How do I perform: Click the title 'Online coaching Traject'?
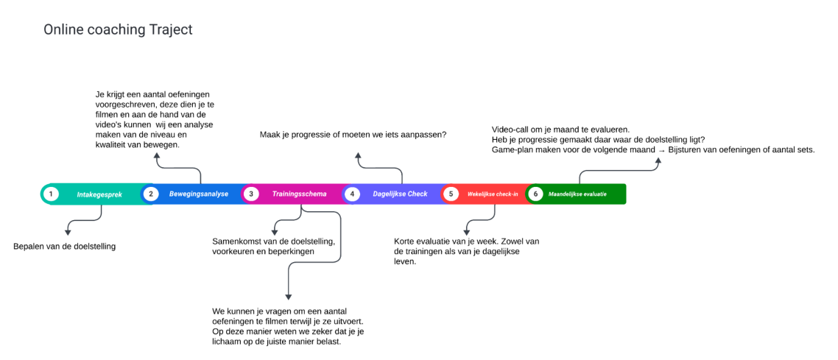pyautogui.click(x=118, y=30)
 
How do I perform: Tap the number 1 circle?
pyautogui.click(x=50, y=194)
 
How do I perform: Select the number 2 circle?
pyautogui.click(x=151, y=194)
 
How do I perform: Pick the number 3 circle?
pyautogui.click(x=251, y=194)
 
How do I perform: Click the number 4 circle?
pyautogui.click(x=352, y=194)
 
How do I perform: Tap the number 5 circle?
pyautogui.click(x=451, y=194)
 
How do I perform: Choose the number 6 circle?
pyautogui.click(x=535, y=194)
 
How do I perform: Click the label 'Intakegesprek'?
pyautogui.click(x=99, y=194)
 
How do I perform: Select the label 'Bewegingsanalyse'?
pyautogui.click(x=199, y=194)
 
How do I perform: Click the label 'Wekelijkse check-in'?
pyautogui.click(x=493, y=194)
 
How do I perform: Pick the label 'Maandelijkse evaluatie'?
pyautogui.click(x=577, y=194)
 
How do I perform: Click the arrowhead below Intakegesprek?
pyautogui.click(x=68, y=232)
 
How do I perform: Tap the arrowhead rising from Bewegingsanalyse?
pyautogui.click(x=156, y=156)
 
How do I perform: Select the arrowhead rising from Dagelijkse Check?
pyautogui.click(x=358, y=156)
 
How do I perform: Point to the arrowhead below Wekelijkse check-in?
pyautogui.click(x=466, y=232)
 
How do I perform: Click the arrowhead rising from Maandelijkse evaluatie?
pyautogui.click(x=658, y=160)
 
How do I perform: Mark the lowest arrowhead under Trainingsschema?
pyautogui.click(x=289, y=297)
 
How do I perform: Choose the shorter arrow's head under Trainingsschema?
pyautogui.click(x=275, y=232)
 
